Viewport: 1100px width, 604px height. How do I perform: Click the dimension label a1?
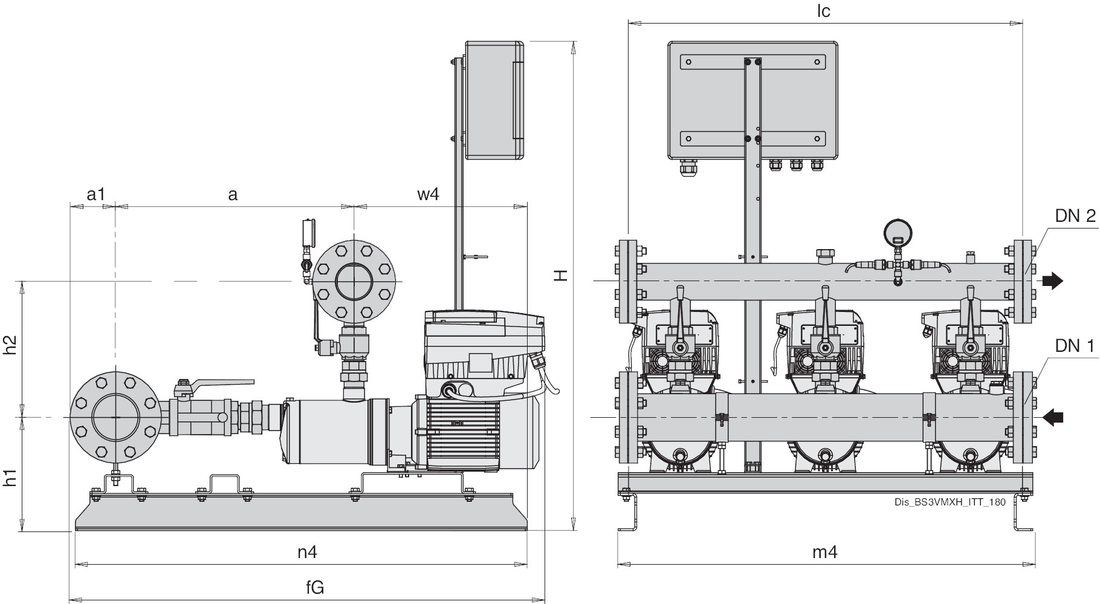(96, 195)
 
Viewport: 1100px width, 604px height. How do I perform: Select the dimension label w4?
(428, 195)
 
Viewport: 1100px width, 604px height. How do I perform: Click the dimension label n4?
(307, 551)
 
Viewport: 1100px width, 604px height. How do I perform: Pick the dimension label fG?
(315, 587)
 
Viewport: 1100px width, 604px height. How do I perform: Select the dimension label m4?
(824, 551)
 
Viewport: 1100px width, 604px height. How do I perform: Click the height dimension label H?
(561, 275)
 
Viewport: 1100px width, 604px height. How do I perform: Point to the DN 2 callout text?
(1075, 216)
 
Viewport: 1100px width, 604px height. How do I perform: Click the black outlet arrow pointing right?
(1052, 281)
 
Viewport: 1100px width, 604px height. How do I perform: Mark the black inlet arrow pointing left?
(1052, 417)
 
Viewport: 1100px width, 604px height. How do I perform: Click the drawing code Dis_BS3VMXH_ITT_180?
(950, 502)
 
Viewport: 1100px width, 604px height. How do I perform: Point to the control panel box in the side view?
(494, 100)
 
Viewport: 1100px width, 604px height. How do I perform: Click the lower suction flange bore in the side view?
(115, 417)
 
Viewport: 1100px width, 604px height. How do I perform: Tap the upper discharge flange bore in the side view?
(354, 281)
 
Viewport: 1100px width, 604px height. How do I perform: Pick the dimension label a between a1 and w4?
(233, 195)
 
